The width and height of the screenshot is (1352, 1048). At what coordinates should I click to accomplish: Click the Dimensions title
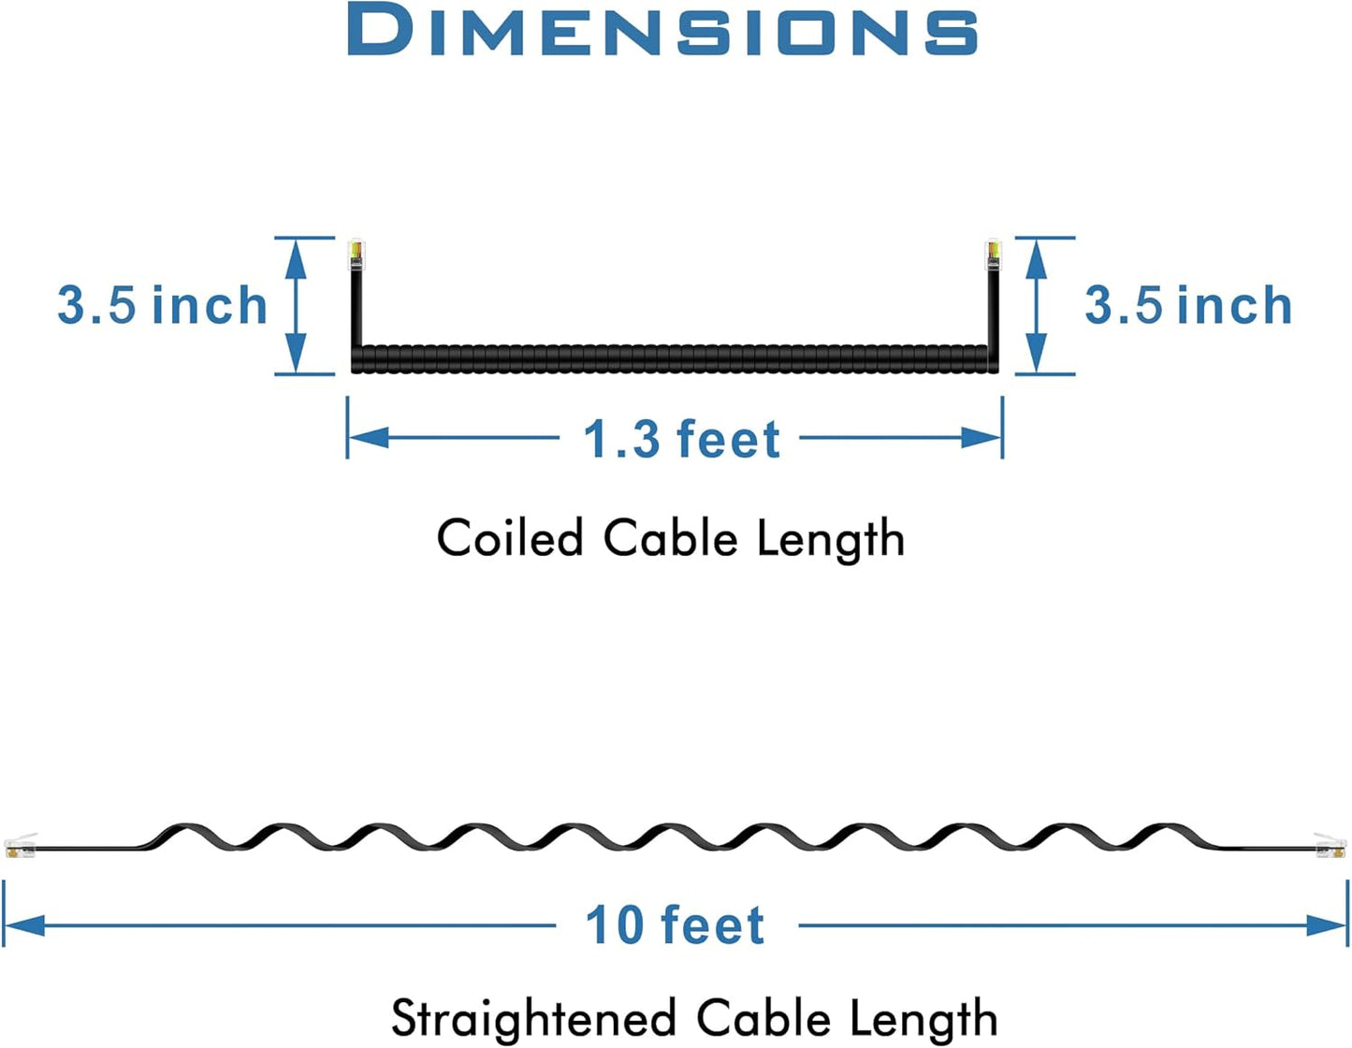pos(662,29)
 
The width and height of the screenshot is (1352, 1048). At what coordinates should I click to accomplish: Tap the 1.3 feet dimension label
pos(682,439)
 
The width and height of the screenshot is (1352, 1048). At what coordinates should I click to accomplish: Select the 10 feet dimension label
pos(676,925)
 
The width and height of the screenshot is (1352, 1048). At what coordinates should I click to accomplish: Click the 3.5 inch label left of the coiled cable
pos(163,305)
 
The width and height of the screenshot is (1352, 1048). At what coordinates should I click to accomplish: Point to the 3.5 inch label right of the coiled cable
pos(1188,305)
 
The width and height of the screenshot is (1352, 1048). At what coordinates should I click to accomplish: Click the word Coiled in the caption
pos(510,537)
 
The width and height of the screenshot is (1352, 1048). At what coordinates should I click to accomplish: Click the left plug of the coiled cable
pos(356,254)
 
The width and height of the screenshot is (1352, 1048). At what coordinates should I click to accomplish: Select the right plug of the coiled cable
pos(993,254)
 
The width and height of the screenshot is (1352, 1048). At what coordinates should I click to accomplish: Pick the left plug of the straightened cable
pos(22,846)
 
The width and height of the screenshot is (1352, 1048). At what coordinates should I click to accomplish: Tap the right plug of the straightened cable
pos(1330,846)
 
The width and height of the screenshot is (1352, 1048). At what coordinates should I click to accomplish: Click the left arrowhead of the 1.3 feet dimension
pos(369,438)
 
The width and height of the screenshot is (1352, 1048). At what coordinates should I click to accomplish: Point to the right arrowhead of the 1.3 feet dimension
pos(981,438)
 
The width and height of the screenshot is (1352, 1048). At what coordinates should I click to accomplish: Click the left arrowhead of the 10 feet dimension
pos(25,925)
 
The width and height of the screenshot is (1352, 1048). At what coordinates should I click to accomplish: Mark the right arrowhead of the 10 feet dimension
pos(1327,925)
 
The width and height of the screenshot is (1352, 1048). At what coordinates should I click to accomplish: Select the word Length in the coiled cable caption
pos(830,539)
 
